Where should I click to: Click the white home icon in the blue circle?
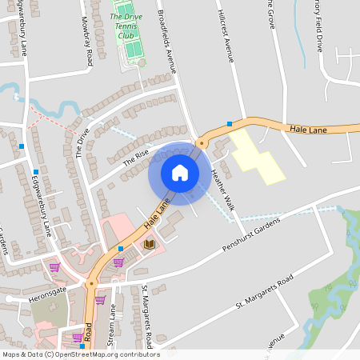tap(180, 172)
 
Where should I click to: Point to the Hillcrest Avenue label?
tap(226, 36)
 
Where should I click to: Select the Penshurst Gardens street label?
tap(254, 236)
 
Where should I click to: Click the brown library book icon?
tap(149, 244)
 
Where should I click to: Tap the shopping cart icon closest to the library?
tap(118, 262)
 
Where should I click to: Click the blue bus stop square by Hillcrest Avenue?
tap(230, 124)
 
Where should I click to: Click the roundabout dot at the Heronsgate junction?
tap(90, 284)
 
